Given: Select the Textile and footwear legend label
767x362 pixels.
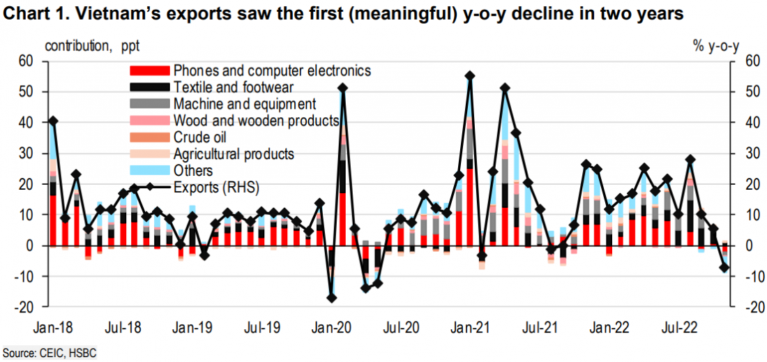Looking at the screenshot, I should [x=233, y=87].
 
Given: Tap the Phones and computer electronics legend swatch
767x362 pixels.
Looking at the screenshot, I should [x=149, y=70].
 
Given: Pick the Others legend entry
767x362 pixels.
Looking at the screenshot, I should [x=193, y=171].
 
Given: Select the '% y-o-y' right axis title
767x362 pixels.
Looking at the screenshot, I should [x=715, y=47].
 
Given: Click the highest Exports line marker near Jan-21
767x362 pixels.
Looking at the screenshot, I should [x=470, y=76].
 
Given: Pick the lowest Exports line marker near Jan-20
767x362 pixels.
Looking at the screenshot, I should [x=332, y=298].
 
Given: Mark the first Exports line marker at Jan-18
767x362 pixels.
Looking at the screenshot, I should [x=53, y=121].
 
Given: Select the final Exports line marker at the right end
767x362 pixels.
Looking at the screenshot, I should [x=724, y=268].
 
